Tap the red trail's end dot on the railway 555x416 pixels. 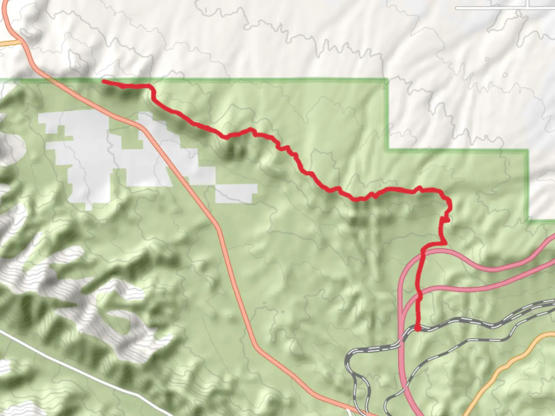coord(418,328)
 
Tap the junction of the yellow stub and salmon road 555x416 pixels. coord(19,40)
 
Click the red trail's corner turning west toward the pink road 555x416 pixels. coord(445,243)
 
